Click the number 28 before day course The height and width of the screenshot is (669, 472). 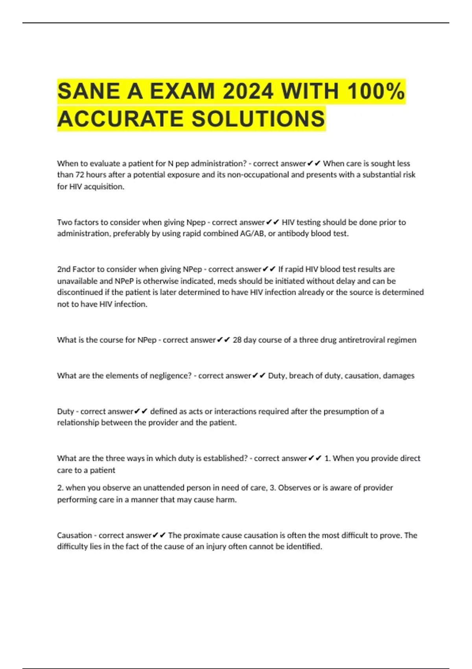237,340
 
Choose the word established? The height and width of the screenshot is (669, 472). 225,458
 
